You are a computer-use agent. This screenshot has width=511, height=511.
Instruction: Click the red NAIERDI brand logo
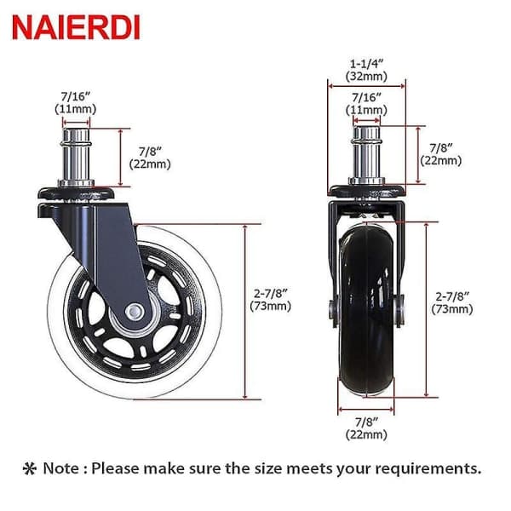click(x=76, y=28)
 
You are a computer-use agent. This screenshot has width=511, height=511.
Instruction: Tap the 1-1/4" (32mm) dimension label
click(x=366, y=70)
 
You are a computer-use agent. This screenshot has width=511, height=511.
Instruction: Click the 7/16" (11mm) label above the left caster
click(x=75, y=103)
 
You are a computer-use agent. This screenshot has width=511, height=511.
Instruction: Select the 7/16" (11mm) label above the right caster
click(x=366, y=104)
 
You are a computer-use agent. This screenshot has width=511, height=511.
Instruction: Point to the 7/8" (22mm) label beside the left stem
click(x=150, y=158)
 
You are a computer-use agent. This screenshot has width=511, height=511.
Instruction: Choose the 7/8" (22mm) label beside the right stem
click(x=441, y=154)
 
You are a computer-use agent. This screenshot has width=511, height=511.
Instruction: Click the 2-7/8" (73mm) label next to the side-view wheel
click(x=271, y=300)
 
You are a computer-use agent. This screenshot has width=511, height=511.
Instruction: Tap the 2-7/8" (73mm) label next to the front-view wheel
click(x=452, y=302)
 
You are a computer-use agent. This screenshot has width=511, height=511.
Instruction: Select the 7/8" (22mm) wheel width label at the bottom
click(x=366, y=428)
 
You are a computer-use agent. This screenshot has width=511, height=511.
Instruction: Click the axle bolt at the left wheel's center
click(x=134, y=312)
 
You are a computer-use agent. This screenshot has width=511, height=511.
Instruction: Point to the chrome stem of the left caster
click(x=77, y=158)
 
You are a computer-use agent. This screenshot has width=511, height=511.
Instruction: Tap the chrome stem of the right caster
click(x=366, y=156)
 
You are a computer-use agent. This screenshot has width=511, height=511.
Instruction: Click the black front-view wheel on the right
click(x=366, y=310)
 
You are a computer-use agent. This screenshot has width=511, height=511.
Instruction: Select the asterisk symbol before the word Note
click(x=29, y=468)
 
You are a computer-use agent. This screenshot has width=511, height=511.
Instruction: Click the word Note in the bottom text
click(x=61, y=468)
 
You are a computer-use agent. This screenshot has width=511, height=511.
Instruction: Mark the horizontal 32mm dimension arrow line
click(x=366, y=86)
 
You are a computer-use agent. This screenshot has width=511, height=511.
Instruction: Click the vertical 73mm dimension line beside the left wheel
click(x=245, y=312)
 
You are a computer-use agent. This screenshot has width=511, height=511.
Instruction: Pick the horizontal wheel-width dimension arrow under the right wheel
click(x=366, y=409)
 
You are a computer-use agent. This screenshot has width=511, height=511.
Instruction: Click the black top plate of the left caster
click(x=77, y=193)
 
